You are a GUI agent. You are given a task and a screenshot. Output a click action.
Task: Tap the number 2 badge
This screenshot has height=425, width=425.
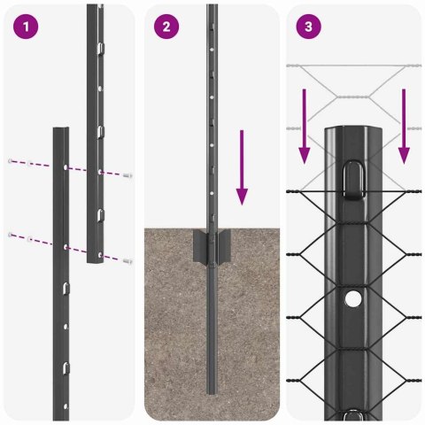(x=166, y=27)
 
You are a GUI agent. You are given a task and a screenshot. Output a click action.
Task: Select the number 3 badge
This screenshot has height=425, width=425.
(x=307, y=27)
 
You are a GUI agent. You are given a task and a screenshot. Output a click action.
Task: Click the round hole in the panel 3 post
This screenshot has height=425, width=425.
(x=353, y=299)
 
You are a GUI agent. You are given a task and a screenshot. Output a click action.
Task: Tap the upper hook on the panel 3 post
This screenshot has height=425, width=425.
(x=353, y=175)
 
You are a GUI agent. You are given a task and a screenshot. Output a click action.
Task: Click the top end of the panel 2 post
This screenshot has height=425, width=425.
(x=212, y=7)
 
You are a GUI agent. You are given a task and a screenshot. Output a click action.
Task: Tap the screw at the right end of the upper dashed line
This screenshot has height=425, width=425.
(x=129, y=176)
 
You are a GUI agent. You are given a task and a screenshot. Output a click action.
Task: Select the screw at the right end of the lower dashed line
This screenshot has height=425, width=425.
(x=129, y=260)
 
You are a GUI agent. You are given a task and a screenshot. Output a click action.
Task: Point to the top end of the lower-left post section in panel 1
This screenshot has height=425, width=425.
(x=59, y=130)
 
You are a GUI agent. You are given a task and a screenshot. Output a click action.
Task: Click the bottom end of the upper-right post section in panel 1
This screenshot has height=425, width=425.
(x=96, y=263)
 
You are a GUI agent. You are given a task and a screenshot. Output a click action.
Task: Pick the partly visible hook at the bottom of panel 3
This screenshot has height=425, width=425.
(x=353, y=413)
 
